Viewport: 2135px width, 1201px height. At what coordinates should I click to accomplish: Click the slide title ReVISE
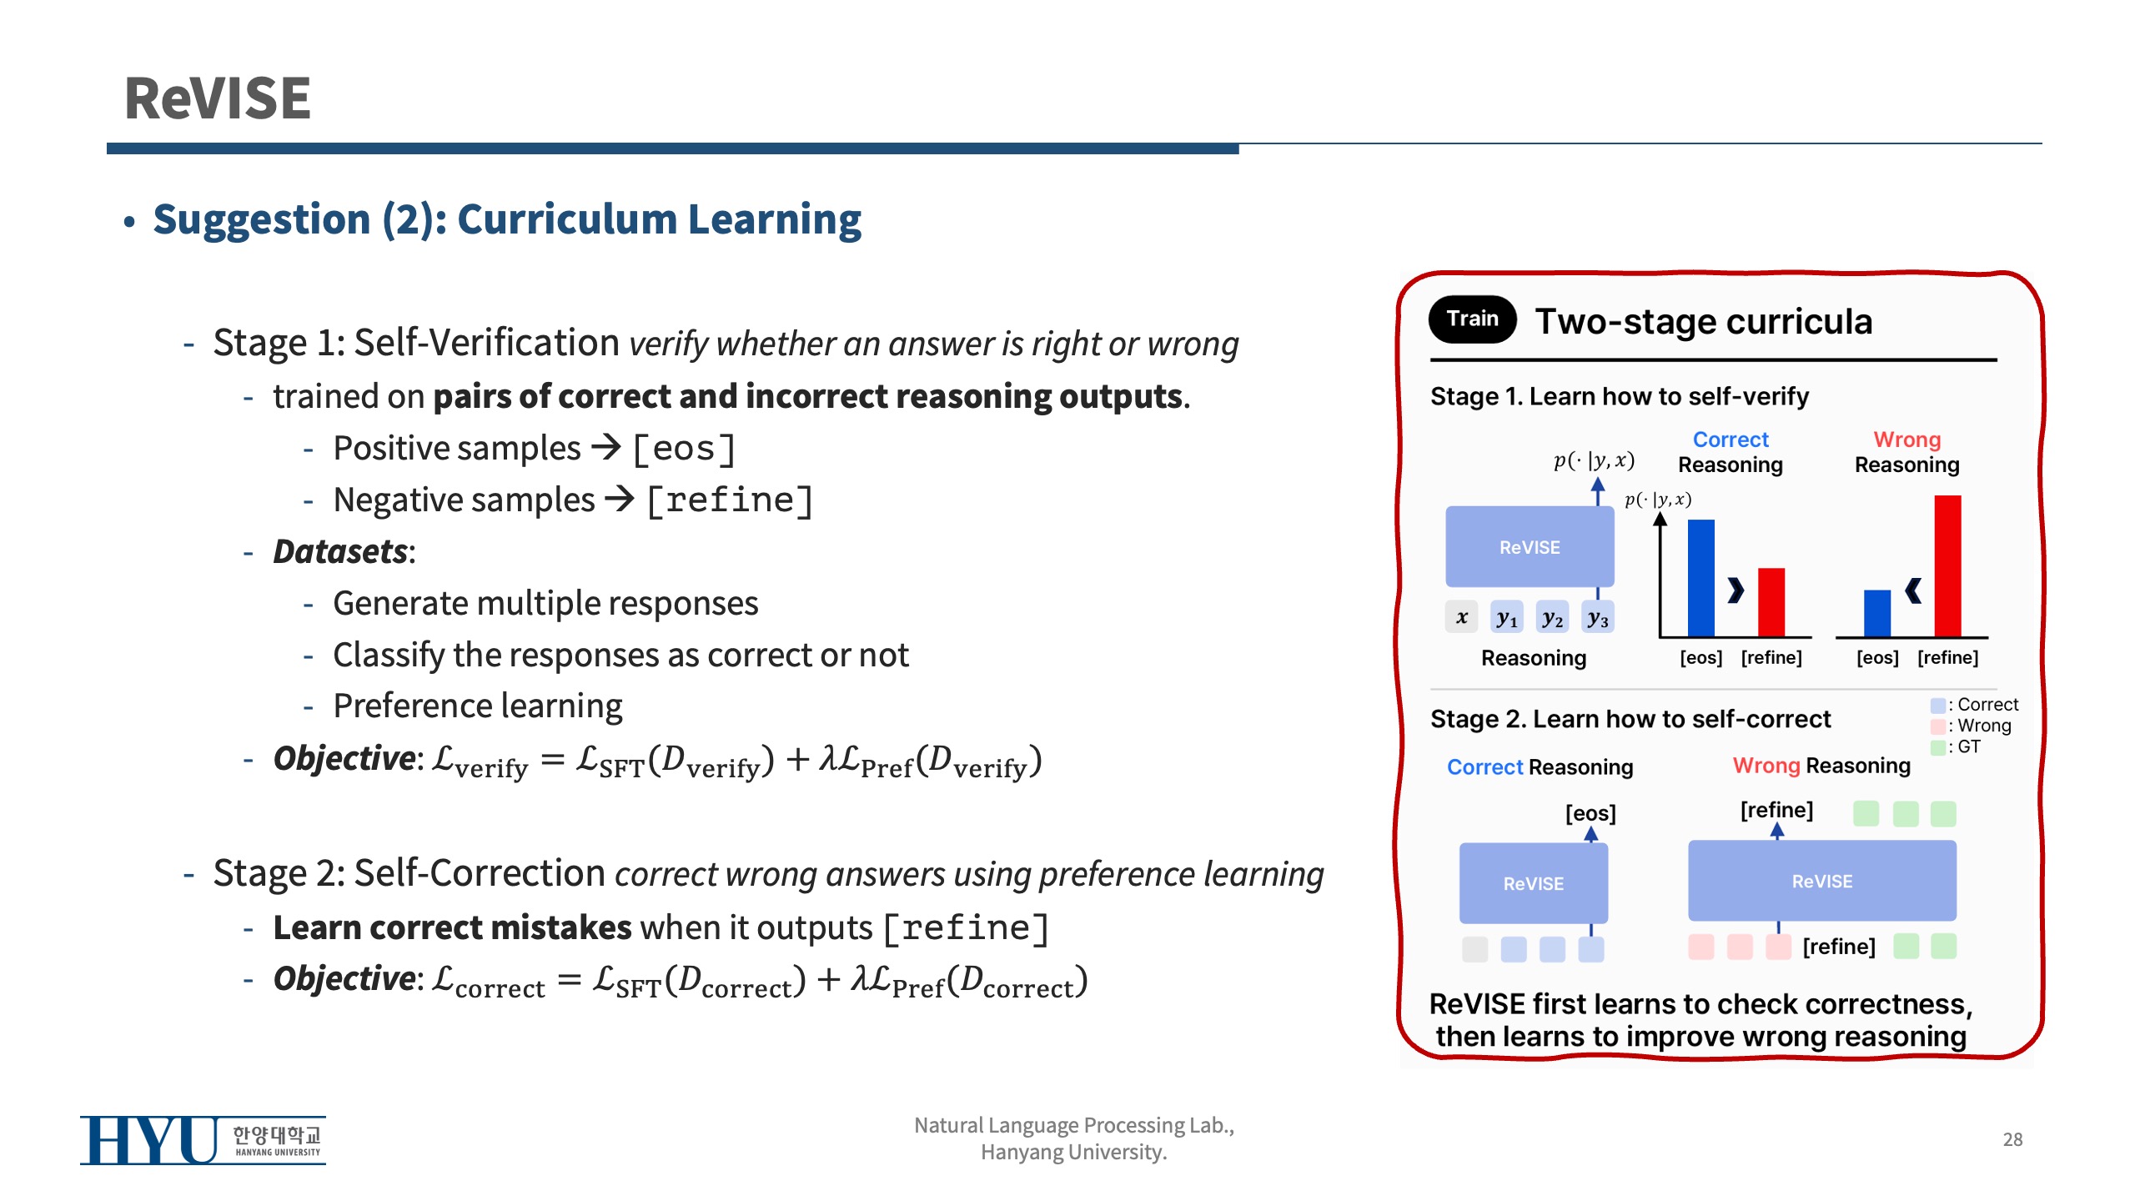[218, 98]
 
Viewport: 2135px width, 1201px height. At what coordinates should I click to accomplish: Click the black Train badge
[1472, 319]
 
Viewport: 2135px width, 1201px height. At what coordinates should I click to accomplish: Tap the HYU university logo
[203, 1140]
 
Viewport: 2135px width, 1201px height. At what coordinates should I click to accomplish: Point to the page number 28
[2012, 1139]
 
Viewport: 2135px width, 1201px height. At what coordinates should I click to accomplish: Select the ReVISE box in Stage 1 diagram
[1530, 546]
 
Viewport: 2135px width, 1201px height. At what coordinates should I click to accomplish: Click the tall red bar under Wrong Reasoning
[1947, 566]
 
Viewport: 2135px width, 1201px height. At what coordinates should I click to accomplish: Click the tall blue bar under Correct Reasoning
[1701, 578]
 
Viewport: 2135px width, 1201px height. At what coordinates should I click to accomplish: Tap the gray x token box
[1462, 617]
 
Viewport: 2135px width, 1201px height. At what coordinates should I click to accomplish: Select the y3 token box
[1597, 617]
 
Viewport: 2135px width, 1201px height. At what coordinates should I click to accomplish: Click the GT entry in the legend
[1956, 747]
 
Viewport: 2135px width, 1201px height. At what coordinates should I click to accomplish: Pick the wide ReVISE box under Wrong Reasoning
[1822, 881]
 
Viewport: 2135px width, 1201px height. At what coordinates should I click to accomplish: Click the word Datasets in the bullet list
[340, 551]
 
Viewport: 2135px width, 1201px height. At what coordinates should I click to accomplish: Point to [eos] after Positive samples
[684, 449]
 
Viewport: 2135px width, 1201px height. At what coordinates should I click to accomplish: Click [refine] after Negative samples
[730, 500]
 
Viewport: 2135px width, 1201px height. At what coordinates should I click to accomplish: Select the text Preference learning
[478, 706]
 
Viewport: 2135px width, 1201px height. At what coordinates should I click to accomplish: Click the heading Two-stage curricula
[1704, 321]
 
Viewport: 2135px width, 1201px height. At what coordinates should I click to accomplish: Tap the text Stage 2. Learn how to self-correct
[1630, 719]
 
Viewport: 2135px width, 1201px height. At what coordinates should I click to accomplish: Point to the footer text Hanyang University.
[1073, 1153]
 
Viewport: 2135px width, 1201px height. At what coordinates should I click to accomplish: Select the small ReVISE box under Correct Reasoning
[1534, 883]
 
